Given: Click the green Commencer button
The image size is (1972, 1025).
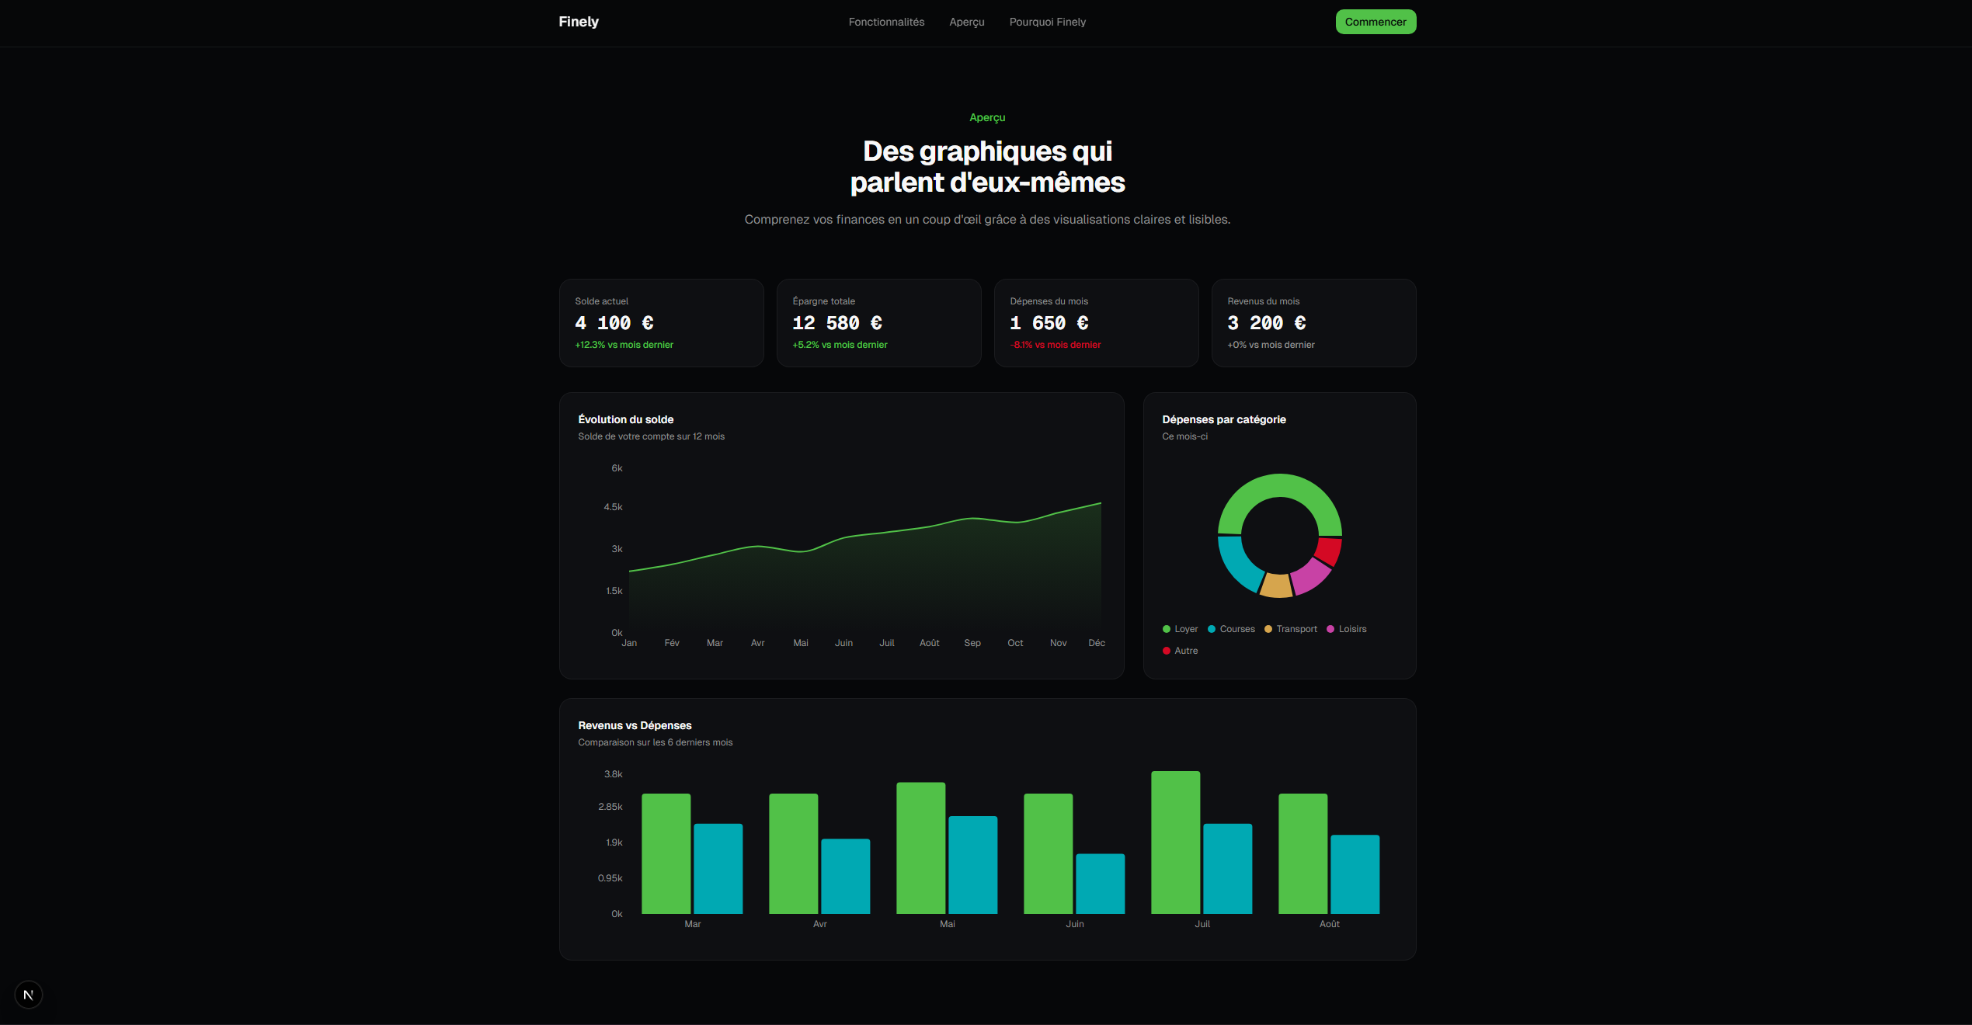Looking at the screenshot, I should pos(1375,22).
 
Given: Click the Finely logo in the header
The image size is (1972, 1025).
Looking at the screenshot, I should pos(579,22).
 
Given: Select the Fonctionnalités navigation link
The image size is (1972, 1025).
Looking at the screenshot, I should pos(886,22).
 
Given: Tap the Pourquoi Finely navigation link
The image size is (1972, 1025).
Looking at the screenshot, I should pos(1047,22).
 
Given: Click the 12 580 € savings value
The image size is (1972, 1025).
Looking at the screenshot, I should pos(836,323).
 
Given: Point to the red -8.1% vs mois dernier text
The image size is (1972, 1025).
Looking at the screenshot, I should pos(1055,345).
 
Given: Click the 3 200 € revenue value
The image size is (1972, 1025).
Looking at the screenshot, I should pos(1266,323).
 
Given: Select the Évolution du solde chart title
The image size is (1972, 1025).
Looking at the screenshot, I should pos(625,419).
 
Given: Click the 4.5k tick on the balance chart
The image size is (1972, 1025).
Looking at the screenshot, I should pos(613,507).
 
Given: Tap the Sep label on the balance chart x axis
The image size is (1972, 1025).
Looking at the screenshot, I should pos(972,643).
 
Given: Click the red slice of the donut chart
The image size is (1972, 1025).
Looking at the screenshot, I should pos(1329,551).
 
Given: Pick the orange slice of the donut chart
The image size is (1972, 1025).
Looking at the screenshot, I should pos(1276,585).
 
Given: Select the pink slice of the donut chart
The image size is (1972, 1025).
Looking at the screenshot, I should pos(1310,576).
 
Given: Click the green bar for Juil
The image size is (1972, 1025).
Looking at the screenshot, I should pos(1175,843).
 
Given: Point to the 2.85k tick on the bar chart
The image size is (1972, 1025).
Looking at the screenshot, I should pos(610,807).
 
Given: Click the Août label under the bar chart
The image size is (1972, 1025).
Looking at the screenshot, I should pos(1329,924).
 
